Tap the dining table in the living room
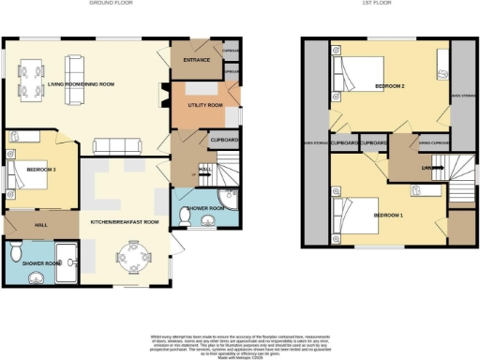[x=31, y=76]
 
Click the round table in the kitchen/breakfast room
[x=129, y=256]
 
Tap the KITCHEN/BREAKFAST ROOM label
[x=124, y=222]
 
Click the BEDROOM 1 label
[x=389, y=215]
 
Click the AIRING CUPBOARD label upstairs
[x=433, y=143]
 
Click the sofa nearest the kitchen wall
[x=121, y=145]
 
